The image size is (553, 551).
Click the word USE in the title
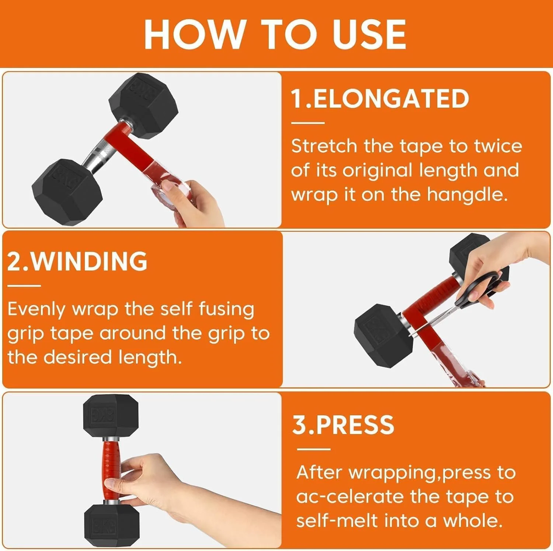369,34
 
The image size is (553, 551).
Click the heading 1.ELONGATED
380,98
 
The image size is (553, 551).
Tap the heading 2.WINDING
77,261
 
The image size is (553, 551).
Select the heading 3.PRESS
343,424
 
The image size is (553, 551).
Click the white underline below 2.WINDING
24,285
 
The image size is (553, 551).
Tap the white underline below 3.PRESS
313,449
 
